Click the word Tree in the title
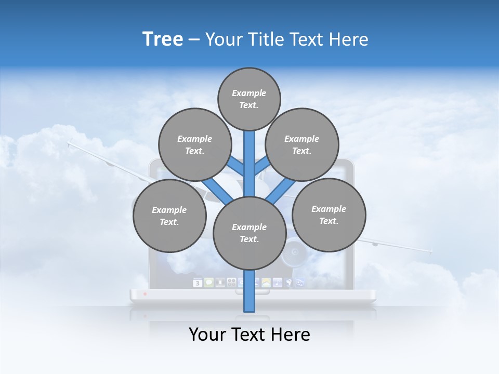[x=163, y=39]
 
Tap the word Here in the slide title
[x=348, y=39]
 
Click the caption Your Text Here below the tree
[x=249, y=335]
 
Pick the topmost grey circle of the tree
[x=249, y=99]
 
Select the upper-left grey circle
[x=194, y=144]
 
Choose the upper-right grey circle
[x=302, y=144]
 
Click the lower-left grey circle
[x=169, y=216]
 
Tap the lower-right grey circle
[x=329, y=215]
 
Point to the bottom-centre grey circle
[x=249, y=233]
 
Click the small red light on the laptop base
[x=145, y=294]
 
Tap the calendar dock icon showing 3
[x=198, y=283]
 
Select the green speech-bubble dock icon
[x=209, y=283]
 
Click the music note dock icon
[x=278, y=283]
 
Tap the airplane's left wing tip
[x=69, y=141]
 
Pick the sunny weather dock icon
[x=266, y=283]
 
